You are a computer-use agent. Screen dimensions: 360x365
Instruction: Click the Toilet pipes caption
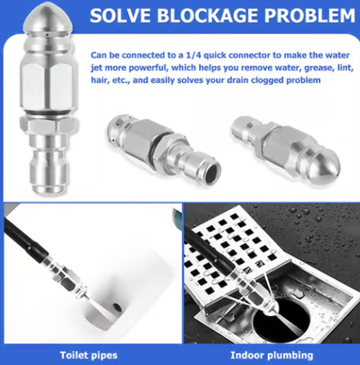[x=89, y=355]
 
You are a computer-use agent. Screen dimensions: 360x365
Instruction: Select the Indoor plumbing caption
[x=272, y=355]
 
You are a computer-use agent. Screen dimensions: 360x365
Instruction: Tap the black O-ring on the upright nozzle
[x=48, y=113]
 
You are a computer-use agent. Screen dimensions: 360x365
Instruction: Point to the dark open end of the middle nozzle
[x=211, y=171]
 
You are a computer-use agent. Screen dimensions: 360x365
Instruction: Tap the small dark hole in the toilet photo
[x=117, y=307]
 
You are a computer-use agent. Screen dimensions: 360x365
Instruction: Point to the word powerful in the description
[x=146, y=68]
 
